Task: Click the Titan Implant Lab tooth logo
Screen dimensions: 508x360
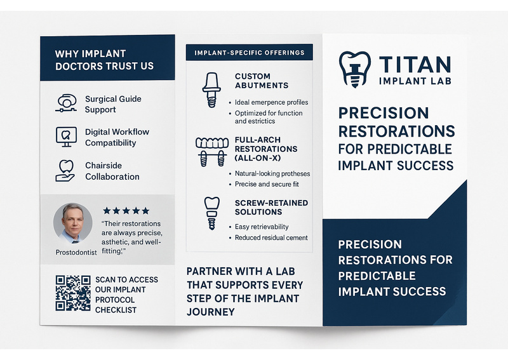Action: coord(355,69)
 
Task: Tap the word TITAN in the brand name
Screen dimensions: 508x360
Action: coord(415,65)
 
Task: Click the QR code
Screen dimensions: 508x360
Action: coord(73,293)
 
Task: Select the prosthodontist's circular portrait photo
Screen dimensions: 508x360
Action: coord(73,223)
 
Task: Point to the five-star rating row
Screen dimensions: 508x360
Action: coord(126,211)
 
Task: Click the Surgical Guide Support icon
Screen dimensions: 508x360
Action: coord(67,103)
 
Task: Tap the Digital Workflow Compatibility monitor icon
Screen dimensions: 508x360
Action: coord(67,137)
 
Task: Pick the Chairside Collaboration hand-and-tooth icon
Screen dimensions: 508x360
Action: coord(65,171)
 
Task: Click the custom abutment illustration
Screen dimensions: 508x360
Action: coord(211,90)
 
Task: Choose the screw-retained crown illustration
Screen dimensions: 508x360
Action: coord(212,213)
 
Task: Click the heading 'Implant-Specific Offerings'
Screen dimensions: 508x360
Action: coord(250,53)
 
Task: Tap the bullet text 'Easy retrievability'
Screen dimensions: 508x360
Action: coord(262,227)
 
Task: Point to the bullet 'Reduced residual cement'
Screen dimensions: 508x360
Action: coord(271,237)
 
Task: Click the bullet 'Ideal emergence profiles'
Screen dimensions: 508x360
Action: coord(272,102)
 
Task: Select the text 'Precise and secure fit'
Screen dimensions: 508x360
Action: coord(267,184)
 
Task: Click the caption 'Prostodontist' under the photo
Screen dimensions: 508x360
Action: coord(76,252)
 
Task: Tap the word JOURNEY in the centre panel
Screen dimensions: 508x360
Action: coord(211,312)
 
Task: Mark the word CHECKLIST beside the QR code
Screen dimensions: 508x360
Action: coord(116,310)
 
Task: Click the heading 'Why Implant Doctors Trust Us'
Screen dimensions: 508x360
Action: coord(104,60)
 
